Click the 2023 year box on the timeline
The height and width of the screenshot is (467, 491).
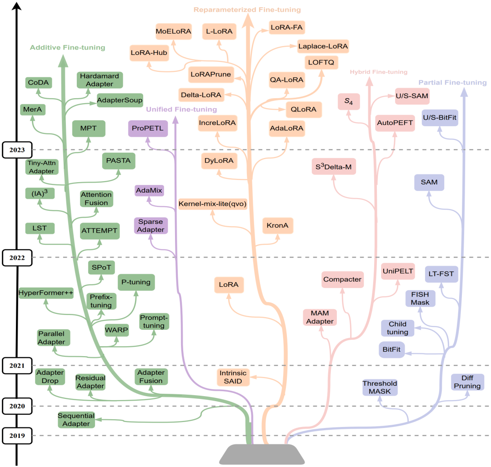pos(16,149)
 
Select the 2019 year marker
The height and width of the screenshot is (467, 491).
pos(16,436)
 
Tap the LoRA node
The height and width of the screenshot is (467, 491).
pos(229,285)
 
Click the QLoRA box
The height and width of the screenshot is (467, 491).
pos(304,109)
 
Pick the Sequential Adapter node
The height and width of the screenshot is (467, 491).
pos(76,419)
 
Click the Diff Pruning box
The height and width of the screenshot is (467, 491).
pos(467,382)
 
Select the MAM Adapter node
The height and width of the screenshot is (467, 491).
pos(320,317)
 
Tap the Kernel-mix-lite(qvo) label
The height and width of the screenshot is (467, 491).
pos(212,204)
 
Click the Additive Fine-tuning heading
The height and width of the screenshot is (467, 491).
pos(68,47)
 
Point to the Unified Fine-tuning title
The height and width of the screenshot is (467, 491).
pos(181,109)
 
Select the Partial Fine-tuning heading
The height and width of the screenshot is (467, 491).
pos(452,83)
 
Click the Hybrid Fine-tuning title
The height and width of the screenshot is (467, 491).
pos(378,72)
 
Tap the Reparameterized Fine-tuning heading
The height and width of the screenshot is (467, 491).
pos(247,9)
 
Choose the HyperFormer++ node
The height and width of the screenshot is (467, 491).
pos(46,293)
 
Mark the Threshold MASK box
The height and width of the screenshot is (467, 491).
pos(380,387)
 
